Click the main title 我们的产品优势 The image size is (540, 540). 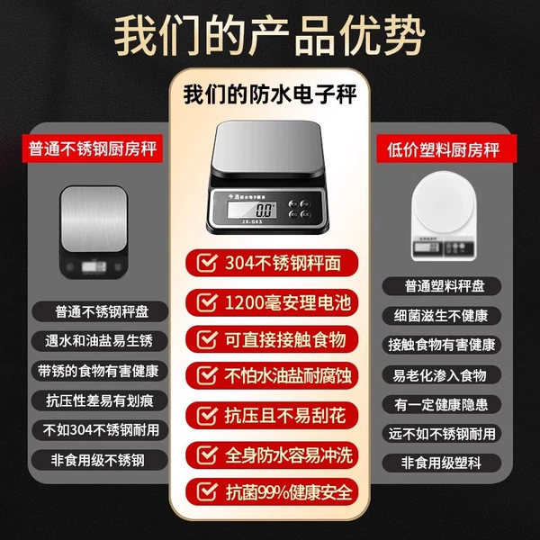click(x=270, y=36)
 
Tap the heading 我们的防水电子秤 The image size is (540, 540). click(x=270, y=94)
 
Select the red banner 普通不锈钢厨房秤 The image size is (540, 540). click(x=93, y=148)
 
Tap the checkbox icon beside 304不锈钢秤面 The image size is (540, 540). click(x=207, y=263)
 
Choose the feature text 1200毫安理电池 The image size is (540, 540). click(x=288, y=302)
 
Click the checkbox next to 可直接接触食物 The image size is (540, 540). click(x=207, y=339)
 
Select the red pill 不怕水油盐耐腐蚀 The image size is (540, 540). click(x=272, y=375)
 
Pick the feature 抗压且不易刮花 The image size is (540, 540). click(x=285, y=415)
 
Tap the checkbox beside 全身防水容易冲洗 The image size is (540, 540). click(x=207, y=454)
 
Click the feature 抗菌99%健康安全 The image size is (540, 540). click(x=289, y=492)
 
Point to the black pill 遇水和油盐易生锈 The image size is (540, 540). click(x=100, y=341)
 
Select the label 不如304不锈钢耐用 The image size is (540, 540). click(x=101, y=430)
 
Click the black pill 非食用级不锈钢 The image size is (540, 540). click(x=100, y=460)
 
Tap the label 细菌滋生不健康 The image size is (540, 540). click(x=441, y=316)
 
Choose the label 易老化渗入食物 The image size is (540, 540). click(x=439, y=375)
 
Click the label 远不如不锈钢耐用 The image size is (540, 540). click(x=442, y=434)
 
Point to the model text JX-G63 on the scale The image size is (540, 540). click(x=252, y=221)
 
